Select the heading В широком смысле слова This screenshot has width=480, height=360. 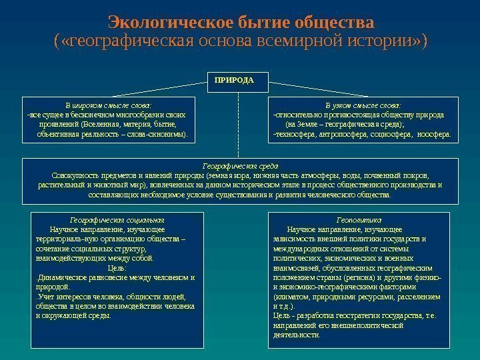108,105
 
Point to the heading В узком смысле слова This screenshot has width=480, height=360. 363,105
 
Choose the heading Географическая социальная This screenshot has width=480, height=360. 117,219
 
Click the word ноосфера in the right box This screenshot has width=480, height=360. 433,133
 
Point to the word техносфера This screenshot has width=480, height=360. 296,133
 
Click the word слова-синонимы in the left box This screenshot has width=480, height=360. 157,133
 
